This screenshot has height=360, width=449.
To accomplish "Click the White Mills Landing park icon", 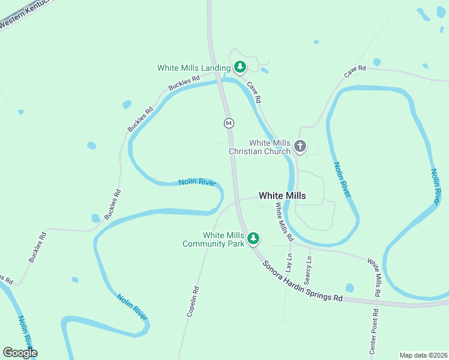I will (240, 67).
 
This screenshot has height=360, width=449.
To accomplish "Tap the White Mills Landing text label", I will (194, 68).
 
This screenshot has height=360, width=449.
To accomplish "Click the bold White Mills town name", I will (282, 196).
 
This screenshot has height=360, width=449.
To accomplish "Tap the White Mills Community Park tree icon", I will (253, 239).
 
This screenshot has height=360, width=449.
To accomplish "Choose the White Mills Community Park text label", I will (214, 239).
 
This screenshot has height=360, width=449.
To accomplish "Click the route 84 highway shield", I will (229, 123).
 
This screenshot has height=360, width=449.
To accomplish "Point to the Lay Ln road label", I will (289, 264).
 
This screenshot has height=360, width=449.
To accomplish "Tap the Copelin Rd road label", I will (193, 301).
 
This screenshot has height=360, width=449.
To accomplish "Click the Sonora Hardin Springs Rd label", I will (303, 281).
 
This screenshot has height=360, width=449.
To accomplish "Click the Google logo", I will (20, 353).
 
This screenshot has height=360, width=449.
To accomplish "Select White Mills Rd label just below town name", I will (282, 218).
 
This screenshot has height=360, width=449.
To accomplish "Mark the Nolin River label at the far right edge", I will (438, 185).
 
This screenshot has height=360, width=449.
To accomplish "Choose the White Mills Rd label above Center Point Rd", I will (375, 278).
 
